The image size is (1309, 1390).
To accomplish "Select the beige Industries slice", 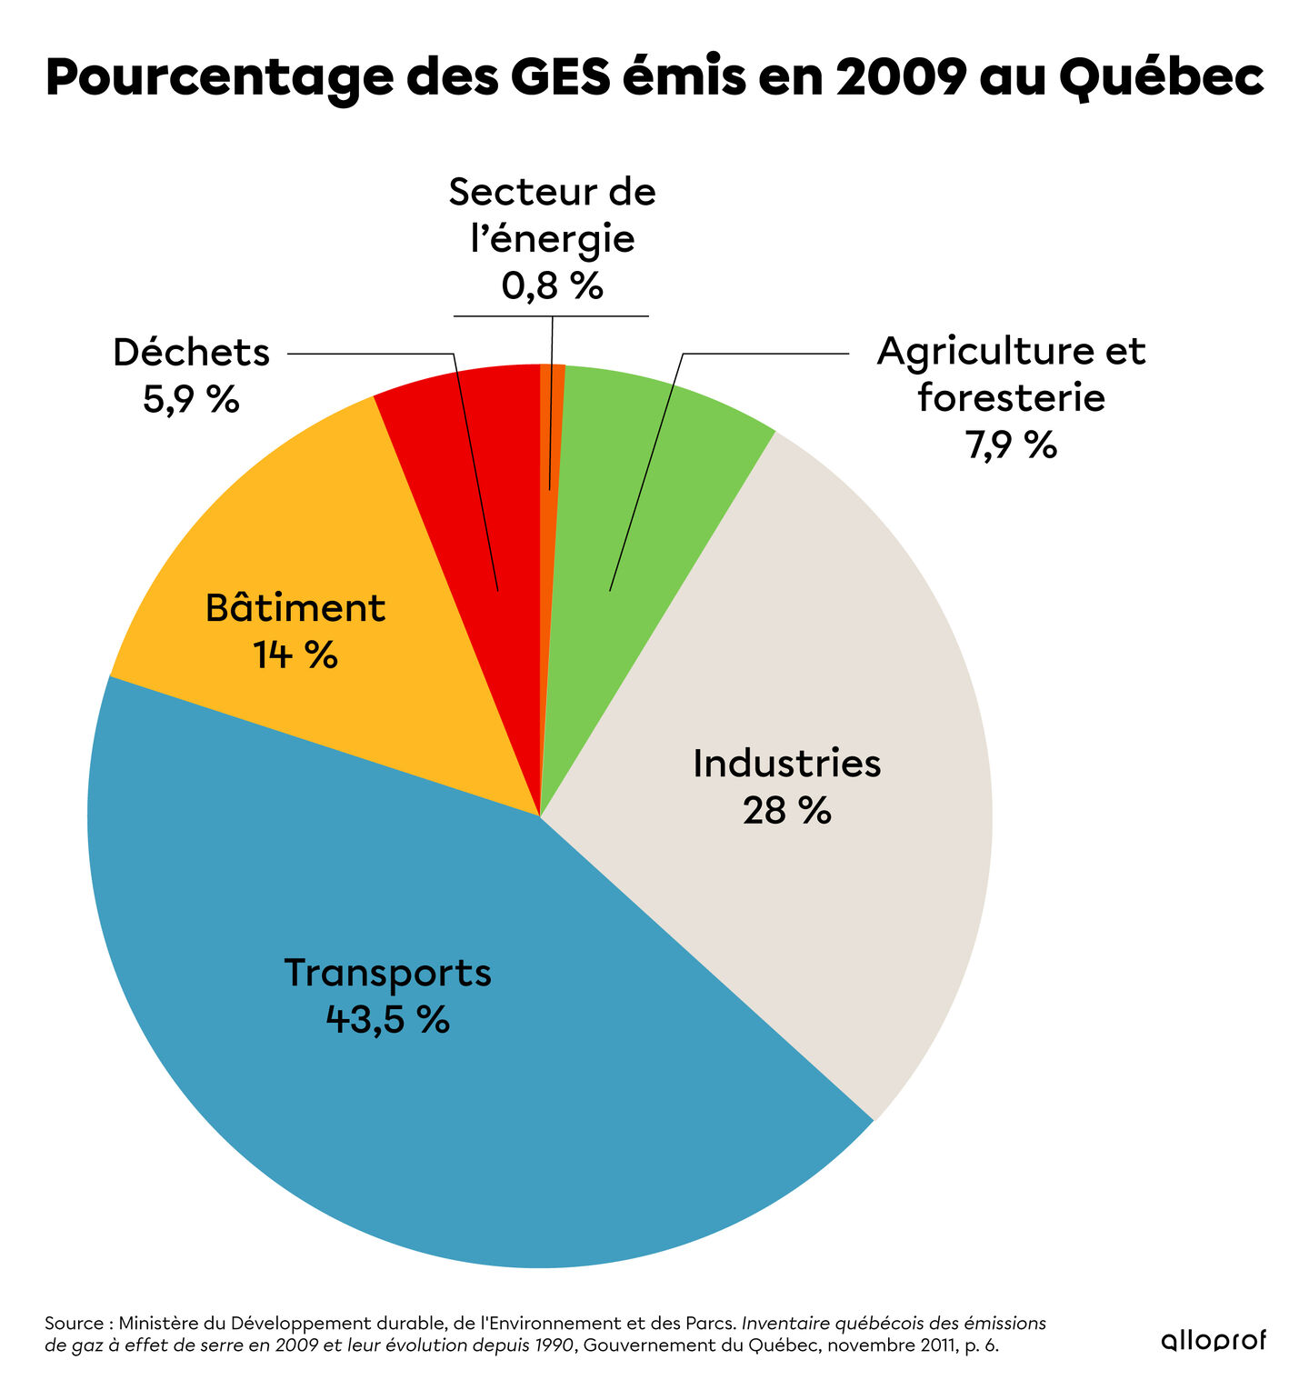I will [x=818, y=909].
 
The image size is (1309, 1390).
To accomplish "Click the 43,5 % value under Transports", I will [x=387, y=1019].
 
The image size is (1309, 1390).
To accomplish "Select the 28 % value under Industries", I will [x=786, y=810].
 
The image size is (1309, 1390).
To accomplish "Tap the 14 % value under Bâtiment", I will [x=295, y=655].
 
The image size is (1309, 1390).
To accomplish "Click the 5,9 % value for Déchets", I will [x=191, y=399].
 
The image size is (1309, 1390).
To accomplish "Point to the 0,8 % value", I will [x=552, y=285].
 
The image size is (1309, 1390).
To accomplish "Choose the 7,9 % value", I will [x=1011, y=445].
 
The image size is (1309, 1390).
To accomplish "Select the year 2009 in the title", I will [x=899, y=78].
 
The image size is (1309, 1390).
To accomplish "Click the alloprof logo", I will [x=1213, y=1341].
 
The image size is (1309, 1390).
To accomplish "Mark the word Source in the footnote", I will [x=73, y=1323].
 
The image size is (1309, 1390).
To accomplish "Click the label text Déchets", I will [x=191, y=353].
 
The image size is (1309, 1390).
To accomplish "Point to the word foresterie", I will [x=1011, y=398].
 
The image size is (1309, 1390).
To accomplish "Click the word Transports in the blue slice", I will [x=387, y=972].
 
